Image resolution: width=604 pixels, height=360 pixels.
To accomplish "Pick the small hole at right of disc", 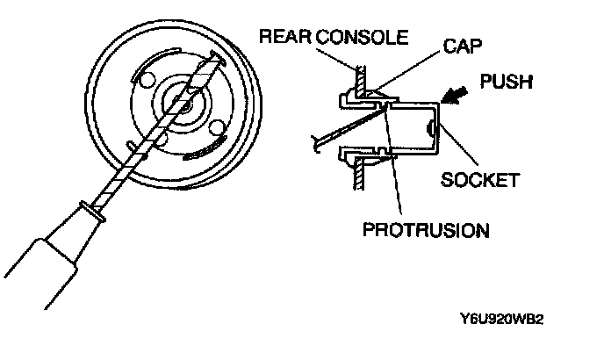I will click(213, 133).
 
